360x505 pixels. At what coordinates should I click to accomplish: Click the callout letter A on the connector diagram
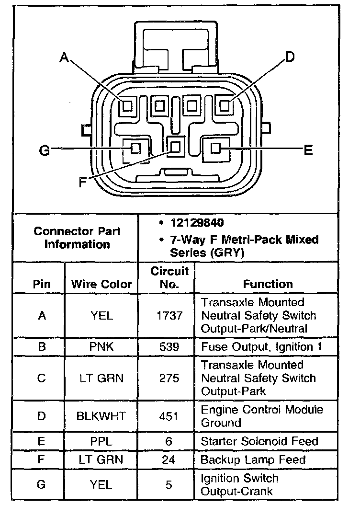pos(64,58)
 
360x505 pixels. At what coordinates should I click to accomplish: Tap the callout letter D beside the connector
pos(290,57)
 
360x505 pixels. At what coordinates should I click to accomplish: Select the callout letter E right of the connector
pos(308,150)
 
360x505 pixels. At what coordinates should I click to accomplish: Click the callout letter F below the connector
pos(83,183)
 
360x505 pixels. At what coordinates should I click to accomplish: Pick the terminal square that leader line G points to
pos(136,148)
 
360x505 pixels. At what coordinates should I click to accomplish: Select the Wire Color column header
pos(101,284)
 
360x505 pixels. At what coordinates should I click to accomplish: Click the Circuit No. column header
pos(169,278)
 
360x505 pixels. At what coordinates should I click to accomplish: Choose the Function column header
pos(268,284)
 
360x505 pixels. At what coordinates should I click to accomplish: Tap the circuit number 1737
pos(169,315)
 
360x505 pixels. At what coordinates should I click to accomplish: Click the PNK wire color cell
pos(101,346)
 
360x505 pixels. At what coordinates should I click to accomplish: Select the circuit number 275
pos(169,378)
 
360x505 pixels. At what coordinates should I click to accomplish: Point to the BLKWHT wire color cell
pos(101,416)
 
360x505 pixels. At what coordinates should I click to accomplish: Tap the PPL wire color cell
pos(101,441)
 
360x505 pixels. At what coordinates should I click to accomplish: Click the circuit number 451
pos(169,416)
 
